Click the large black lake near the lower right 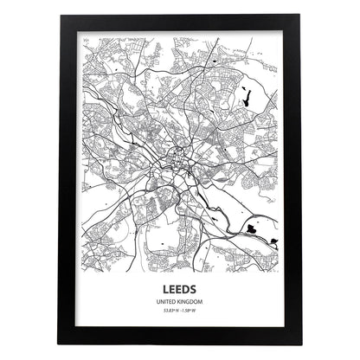(252, 229)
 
